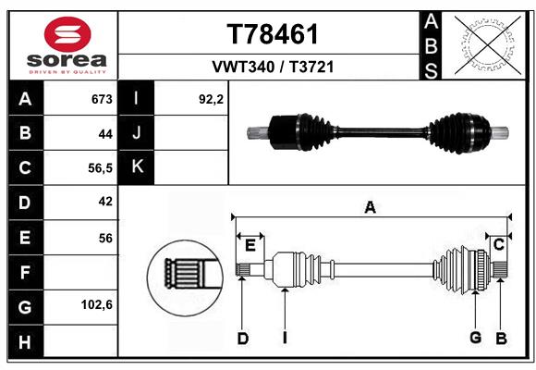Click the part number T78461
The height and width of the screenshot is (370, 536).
(x=273, y=34)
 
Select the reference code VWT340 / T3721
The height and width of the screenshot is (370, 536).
(x=273, y=67)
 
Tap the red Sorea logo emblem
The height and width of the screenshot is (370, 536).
(x=67, y=34)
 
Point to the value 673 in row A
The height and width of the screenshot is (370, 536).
(x=102, y=99)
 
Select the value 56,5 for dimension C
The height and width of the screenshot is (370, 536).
(x=100, y=168)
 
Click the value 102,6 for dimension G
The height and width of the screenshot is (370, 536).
(x=97, y=304)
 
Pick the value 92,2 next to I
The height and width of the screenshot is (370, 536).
(x=211, y=99)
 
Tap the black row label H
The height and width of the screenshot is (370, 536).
(x=25, y=341)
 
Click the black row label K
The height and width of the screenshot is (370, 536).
(x=137, y=166)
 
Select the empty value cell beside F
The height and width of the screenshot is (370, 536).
(x=80, y=273)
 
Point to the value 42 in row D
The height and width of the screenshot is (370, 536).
(x=105, y=202)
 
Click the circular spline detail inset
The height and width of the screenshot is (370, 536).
(x=185, y=277)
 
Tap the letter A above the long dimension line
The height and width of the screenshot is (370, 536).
(x=371, y=207)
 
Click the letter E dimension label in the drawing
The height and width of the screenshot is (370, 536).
(x=250, y=245)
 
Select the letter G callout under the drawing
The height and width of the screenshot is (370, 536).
(x=476, y=337)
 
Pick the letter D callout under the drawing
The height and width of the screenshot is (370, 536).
(x=243, y=339)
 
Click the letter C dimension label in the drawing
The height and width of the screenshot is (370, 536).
(x=499, y=245)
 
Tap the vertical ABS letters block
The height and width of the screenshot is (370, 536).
(x=431, y=45)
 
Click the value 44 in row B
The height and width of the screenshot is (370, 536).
(x=105, y=134)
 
